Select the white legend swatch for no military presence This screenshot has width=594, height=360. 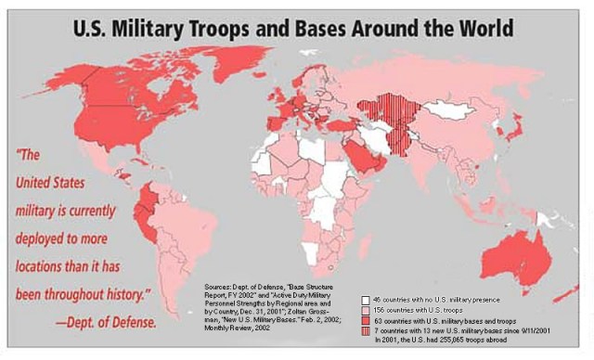365,300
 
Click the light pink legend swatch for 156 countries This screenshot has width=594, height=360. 365,310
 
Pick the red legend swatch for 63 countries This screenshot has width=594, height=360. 365,320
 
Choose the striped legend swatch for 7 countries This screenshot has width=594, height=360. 365,330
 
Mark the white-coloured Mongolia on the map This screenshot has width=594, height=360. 455,109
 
